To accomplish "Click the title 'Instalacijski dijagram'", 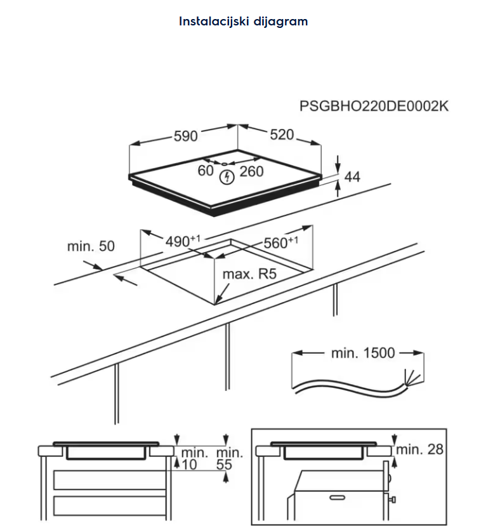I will (243, 21).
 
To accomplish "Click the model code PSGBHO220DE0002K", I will (374, 106).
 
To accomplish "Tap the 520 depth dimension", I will (282, 135).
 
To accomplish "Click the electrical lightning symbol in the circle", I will (225, 178).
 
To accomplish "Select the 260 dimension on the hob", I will (251, 171).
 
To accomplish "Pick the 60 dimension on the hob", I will (205, 170).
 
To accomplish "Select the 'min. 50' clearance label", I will (91, 246).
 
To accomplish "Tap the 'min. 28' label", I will (420, 449).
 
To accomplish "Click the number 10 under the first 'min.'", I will (190, 465).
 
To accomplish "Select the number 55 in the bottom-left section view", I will (224, 465).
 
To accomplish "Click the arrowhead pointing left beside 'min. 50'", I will (119, 276).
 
